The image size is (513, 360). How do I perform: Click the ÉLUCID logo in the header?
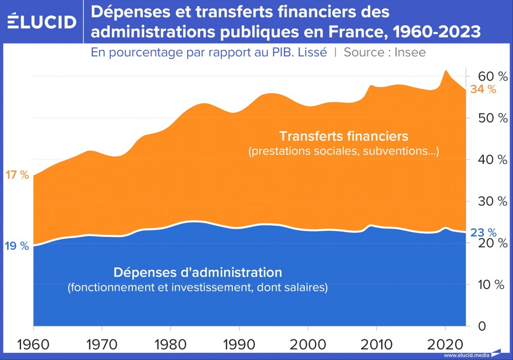pos(42,22)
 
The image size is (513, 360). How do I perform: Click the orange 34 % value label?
pos(483,89)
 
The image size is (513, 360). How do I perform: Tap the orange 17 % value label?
pos(17,175)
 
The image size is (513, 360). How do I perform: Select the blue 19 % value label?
pos(17,246)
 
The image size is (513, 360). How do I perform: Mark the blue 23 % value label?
pos(483,233)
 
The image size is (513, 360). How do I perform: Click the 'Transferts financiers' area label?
pos(343,136)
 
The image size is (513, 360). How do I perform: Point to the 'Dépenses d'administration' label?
pos(198,272)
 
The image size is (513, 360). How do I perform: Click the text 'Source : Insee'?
pos(384,52)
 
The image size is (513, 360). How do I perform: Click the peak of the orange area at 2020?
pos(446,71)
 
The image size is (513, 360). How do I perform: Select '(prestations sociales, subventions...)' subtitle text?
pos(343,152)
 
